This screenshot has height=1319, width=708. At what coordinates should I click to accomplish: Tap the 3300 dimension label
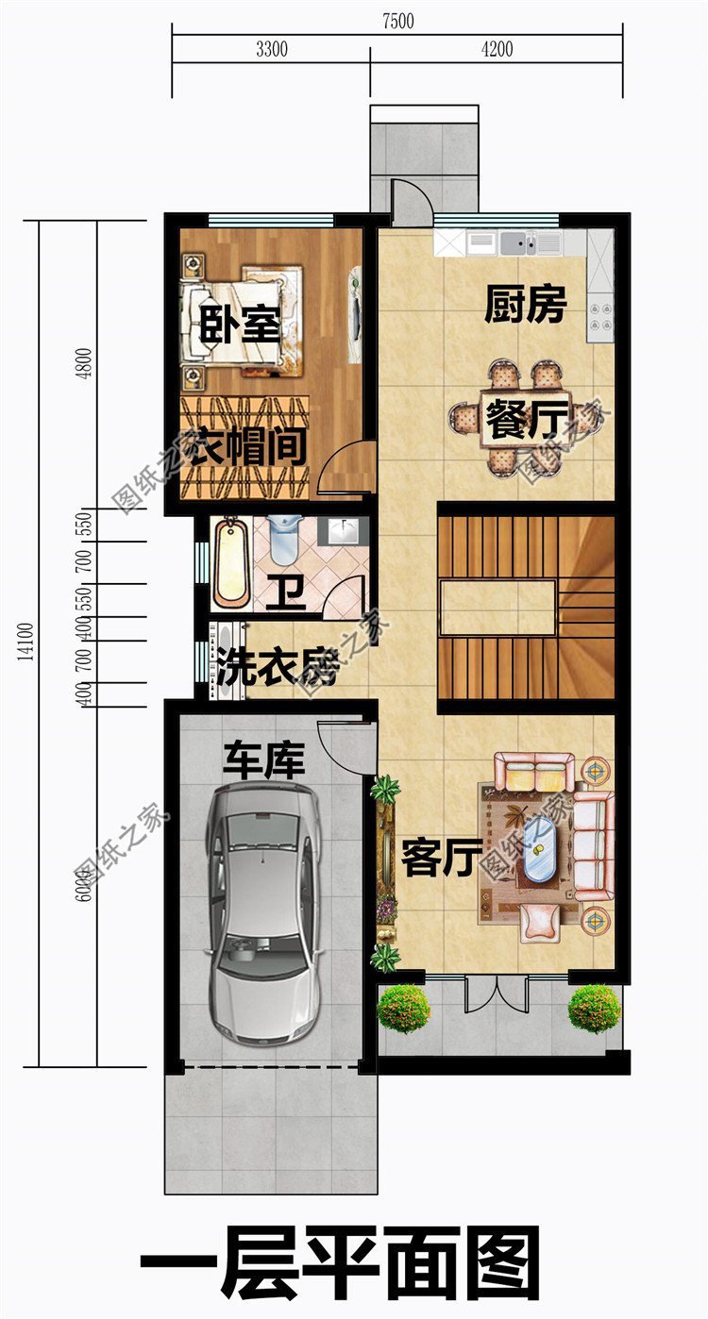(x=271, y=50)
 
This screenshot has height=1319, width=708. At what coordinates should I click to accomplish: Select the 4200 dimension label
(x=496, y=50)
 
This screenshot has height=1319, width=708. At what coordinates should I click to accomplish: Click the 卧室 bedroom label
(x=240, y=326)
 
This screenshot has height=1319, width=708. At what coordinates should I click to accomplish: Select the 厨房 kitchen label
(x=525, y=306)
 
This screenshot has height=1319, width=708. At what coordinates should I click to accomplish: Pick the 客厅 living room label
(x=436, y=858)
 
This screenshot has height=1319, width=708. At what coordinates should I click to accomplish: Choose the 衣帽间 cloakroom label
(x=244, y=447)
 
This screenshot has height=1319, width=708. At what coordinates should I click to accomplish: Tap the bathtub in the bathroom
(x=231, y=563)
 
